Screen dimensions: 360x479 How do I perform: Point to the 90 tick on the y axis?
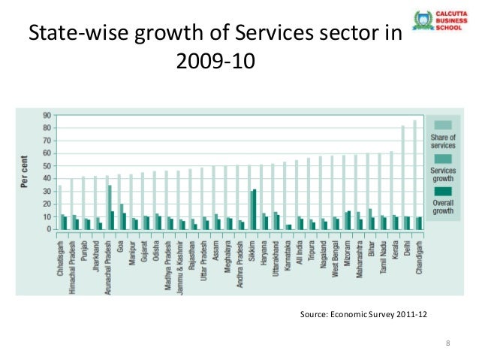(x=46, y=115)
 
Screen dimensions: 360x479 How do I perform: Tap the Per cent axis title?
(x=26, y=173)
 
